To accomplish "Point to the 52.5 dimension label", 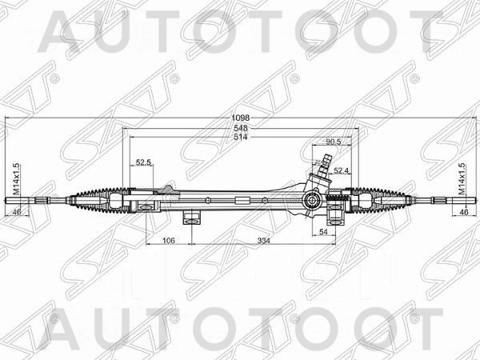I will (x=143, y=163).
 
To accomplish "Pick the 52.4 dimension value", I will (x=342, y=170).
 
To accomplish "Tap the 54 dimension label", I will (x=324, y=231).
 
